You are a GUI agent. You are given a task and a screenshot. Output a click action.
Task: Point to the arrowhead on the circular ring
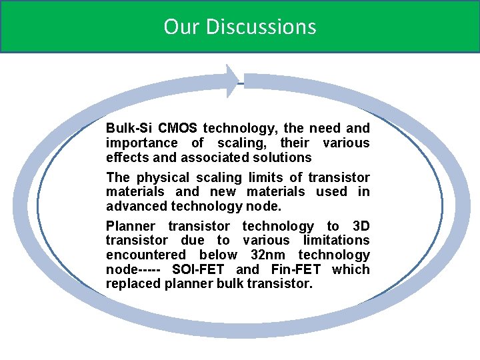click(x=232, y=81)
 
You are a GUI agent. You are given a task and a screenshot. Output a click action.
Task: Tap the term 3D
click(x=360, y=227)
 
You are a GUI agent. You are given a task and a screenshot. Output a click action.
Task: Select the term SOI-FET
click(x=199, y=269)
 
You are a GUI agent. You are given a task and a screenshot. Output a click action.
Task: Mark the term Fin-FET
click(x=296, y=269)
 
